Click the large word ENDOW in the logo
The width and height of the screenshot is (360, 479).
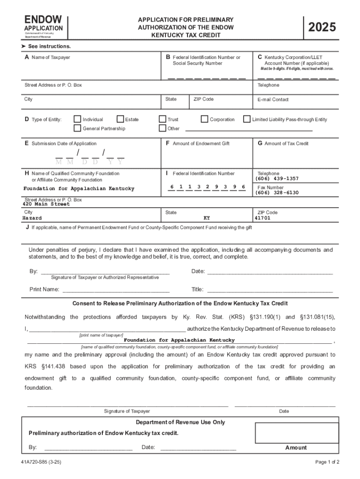[x=43, y=20]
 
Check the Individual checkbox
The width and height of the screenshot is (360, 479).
[x=78, y=119]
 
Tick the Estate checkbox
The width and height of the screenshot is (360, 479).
[x=120, y=119]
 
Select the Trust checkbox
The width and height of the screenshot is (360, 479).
[x=163, y=119]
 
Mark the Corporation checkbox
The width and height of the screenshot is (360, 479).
[x=204, y=119]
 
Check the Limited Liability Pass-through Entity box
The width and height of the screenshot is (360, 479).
[x=247, y=119]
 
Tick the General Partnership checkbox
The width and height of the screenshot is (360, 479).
[x=78, y=128]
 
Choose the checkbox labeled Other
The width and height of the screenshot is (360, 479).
[x=163, y=128]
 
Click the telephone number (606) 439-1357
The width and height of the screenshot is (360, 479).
[x=277, y=179]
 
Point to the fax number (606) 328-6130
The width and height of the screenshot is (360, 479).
[x=277, y=193]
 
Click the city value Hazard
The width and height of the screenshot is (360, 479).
[x=32, y=218]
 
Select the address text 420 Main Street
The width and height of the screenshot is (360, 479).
[x=46, y=204]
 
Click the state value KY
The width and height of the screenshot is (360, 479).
[x=207, y=218]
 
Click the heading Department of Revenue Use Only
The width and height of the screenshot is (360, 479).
[x=180, y=422]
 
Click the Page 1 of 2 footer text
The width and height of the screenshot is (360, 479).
[x=327, y=462]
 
